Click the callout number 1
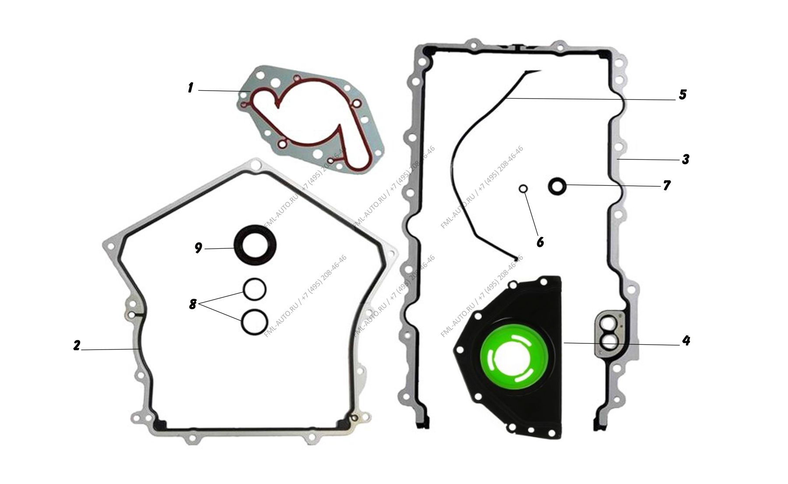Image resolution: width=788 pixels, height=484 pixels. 190,88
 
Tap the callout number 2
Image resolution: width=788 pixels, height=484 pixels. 77,346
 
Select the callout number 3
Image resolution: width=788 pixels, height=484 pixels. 686,159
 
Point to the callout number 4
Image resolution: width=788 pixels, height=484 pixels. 686,340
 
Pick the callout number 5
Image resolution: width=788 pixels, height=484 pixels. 682,95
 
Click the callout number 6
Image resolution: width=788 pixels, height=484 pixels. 540,242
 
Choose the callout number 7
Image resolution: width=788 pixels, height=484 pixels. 667,186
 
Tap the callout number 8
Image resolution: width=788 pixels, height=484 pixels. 193,304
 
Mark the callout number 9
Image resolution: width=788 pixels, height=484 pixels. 198,248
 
